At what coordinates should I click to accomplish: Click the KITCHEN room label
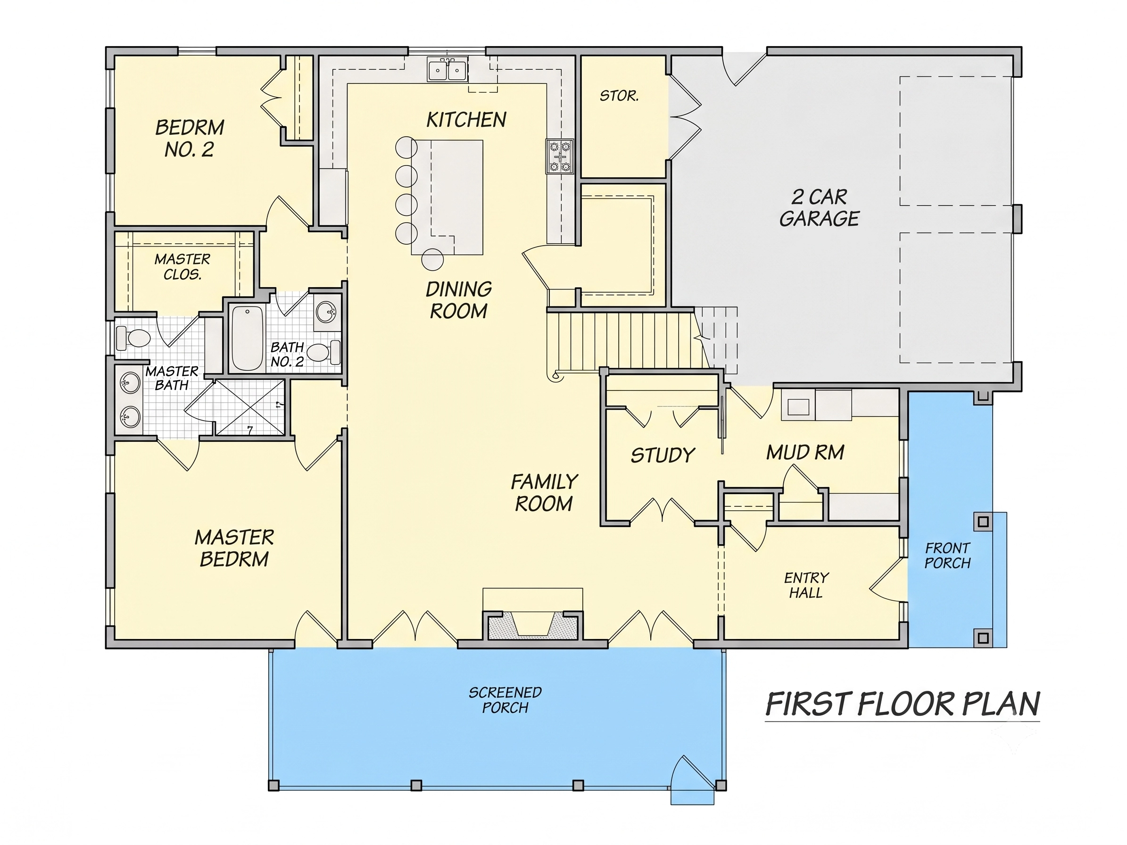tap(466, 120)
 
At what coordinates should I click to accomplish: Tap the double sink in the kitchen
tap(448, 70)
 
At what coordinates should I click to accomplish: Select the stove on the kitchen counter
tap(560, 157)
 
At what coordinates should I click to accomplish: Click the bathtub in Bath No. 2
tap(247, 338)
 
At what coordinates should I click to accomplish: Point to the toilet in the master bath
tap(133, 337)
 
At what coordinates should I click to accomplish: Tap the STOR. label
tap(619, 96)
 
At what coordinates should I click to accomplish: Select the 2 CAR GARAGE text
tap(819, 208)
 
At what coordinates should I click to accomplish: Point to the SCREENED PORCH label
tap(505, 700)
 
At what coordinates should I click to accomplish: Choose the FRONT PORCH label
tap(948, 555)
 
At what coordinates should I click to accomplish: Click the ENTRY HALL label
tap(806, 585)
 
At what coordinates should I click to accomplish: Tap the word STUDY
tap(663, 455)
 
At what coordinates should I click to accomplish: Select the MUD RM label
tap(805, 452)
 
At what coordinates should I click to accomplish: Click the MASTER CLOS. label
tap(182, 267)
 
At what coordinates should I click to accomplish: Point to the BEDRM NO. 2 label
tap(190, 138)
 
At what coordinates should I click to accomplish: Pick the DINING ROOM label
tap(458, 300)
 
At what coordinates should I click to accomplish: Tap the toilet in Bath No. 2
tap(324, 351)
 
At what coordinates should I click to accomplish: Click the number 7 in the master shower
tap(249, 430)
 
